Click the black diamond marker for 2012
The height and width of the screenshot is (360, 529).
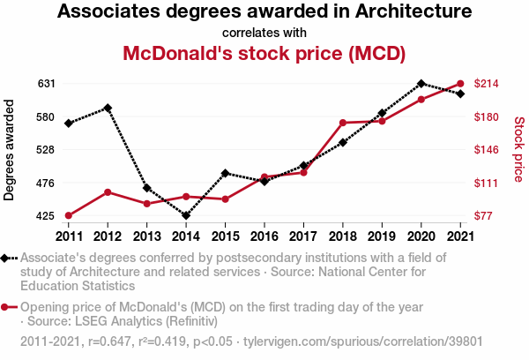[x=108, y=108]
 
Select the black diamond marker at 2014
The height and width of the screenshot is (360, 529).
[x=186, y=215]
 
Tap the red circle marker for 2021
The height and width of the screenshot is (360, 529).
[x=460, y=84]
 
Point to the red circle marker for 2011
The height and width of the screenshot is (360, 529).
[x=68, y=215]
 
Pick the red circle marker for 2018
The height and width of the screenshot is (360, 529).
[x=342, y=123]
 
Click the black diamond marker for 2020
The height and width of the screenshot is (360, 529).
[x=421, y=83]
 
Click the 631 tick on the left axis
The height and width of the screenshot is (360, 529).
[x=47, y=84]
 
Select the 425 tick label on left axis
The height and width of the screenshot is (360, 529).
[x=47, y=215]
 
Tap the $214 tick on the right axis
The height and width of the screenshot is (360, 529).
[x=488, y=84]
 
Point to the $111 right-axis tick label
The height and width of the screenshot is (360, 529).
[x=488, y=183]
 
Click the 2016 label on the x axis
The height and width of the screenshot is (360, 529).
[x=264, y=236]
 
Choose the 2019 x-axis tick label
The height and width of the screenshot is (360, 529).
[x=382, y=236]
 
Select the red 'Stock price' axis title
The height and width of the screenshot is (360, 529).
[x=518, y=149]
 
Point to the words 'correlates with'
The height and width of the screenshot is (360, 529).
[x=264, y=33]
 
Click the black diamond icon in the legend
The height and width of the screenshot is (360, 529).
[x=7, y=258]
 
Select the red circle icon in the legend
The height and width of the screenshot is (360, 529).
[x=7, y=307]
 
